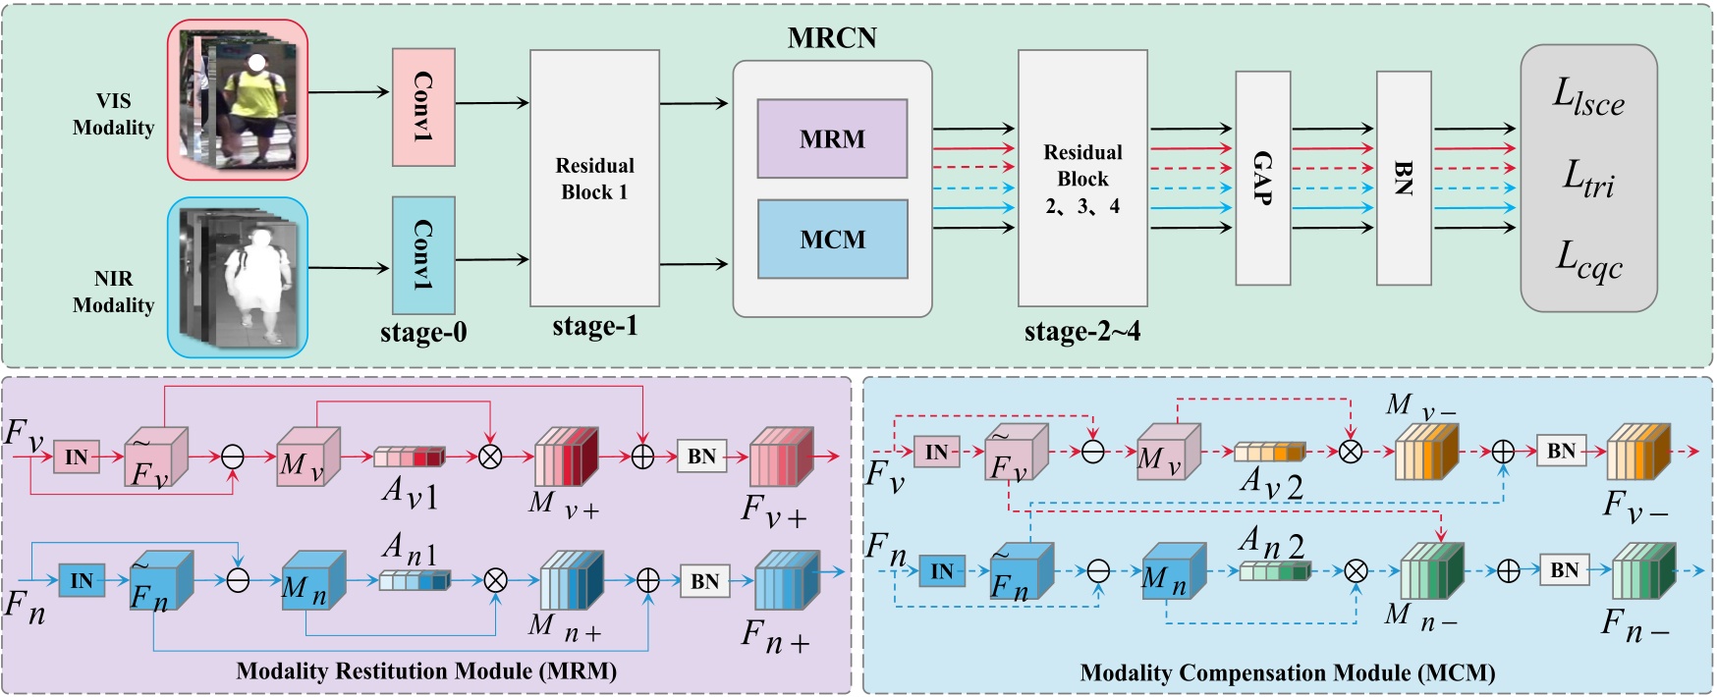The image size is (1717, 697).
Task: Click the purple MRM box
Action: point(832,138)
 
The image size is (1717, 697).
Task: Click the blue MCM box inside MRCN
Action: point(832,240)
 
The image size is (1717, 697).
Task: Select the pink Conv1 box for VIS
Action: point(423,107)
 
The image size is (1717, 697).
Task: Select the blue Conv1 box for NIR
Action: point(423,255)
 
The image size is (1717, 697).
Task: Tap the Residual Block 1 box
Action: point(594,179)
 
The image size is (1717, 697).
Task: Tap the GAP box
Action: point(1262,179)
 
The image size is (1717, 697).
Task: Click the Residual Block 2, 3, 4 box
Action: point(1082,179)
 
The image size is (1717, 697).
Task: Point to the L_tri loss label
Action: point(1588,180)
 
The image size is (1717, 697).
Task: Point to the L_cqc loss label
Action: point(1588,260)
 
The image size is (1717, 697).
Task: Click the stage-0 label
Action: point(423,333)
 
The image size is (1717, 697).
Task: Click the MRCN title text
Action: point(832,38)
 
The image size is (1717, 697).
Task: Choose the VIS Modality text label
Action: point(113,115)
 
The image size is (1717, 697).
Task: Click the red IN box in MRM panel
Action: point(77,456)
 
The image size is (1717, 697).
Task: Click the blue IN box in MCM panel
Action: point(941,571)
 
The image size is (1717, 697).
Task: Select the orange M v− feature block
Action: point(1426,451)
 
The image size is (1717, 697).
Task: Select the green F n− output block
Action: point(1642,570)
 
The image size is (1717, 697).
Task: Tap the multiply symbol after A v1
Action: point(489,456)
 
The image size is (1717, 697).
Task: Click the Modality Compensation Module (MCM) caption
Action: point(1287,673)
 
